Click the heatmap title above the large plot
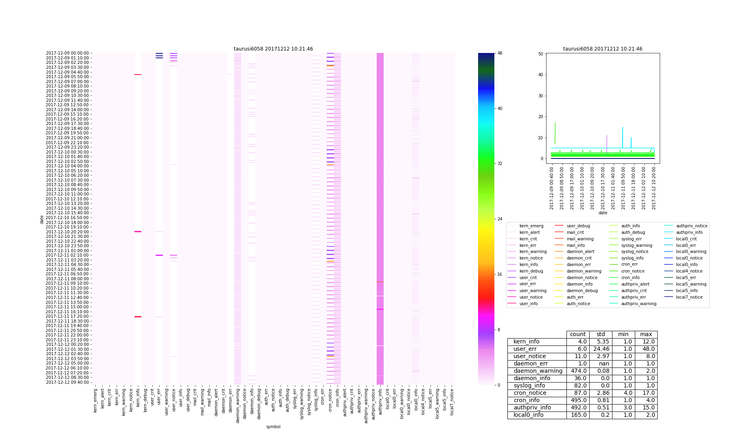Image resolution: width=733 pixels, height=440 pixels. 273,49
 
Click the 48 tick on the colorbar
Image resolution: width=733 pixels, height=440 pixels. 500,53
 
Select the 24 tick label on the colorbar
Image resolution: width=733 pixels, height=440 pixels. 500,219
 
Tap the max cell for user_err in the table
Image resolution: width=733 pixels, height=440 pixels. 646,349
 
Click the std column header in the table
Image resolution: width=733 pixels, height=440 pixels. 601,334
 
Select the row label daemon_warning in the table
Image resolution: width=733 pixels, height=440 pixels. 538,371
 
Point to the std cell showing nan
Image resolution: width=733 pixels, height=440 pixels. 601,364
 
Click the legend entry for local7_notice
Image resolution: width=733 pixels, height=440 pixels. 689,297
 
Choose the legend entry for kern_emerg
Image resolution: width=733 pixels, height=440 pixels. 531,226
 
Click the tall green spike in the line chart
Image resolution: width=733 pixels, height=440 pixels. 555,139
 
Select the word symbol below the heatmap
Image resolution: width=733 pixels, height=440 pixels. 273,427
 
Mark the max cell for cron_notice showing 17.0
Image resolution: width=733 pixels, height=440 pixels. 646,393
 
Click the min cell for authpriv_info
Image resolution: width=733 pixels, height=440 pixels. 623,408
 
